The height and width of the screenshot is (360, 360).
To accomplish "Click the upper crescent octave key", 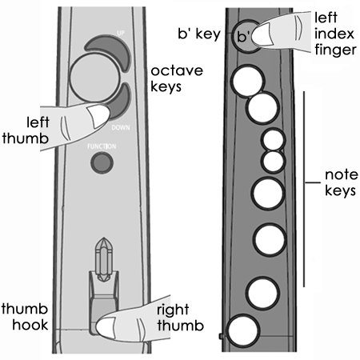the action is (112, 46).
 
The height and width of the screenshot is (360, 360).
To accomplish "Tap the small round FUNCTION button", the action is (102, 162).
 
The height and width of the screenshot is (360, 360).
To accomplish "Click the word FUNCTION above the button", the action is (102, 146).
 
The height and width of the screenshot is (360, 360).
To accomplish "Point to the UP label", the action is (121, 33).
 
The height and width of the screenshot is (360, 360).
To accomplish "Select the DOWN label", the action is (121, 128).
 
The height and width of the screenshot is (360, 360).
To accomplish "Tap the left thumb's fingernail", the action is (98, 115).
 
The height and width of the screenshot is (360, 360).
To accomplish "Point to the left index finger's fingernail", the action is (263, 34).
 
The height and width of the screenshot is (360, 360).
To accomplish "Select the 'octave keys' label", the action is (177, 78).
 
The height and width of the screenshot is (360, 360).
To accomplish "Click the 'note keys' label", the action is (341, 182).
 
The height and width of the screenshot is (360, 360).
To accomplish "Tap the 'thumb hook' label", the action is (25, 317).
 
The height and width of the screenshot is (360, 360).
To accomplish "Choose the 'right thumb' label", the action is (181, 318).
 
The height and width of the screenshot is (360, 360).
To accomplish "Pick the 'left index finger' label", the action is (335, 34).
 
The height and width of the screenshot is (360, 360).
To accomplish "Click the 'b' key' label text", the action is (199, 34).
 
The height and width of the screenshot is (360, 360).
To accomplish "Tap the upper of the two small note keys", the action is (273, 140).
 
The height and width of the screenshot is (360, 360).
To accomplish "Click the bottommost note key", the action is (242, 330).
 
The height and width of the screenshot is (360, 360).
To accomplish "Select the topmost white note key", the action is (248, 81).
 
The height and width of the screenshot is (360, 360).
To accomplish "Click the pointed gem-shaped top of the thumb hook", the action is (104, 249).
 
